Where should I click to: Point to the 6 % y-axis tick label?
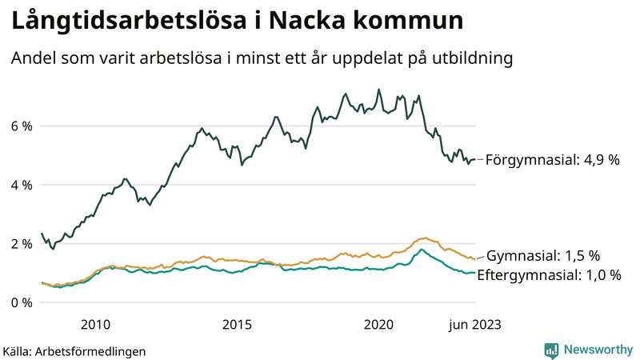pos(21,126)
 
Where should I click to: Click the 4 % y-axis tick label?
pos(21,185)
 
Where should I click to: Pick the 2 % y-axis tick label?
pos(21,244)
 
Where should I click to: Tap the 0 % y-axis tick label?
pos(21,302)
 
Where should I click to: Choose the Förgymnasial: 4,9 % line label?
pos(553,160)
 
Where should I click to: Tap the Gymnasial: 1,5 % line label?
pos(543,256)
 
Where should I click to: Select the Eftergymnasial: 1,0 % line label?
pos(549,275)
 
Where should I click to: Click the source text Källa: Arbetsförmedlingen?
pos(74,350)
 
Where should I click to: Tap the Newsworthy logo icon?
pos(551,350)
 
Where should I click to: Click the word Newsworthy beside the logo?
pos(597,350)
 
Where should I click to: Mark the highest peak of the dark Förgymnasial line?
pos(378,90)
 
